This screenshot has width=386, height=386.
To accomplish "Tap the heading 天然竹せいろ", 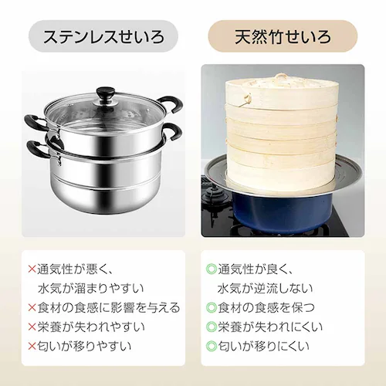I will coord(283,36).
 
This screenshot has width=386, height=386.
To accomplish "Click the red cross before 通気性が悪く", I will coord(32,269).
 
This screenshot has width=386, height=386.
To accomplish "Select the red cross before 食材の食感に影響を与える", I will coord(32,306).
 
